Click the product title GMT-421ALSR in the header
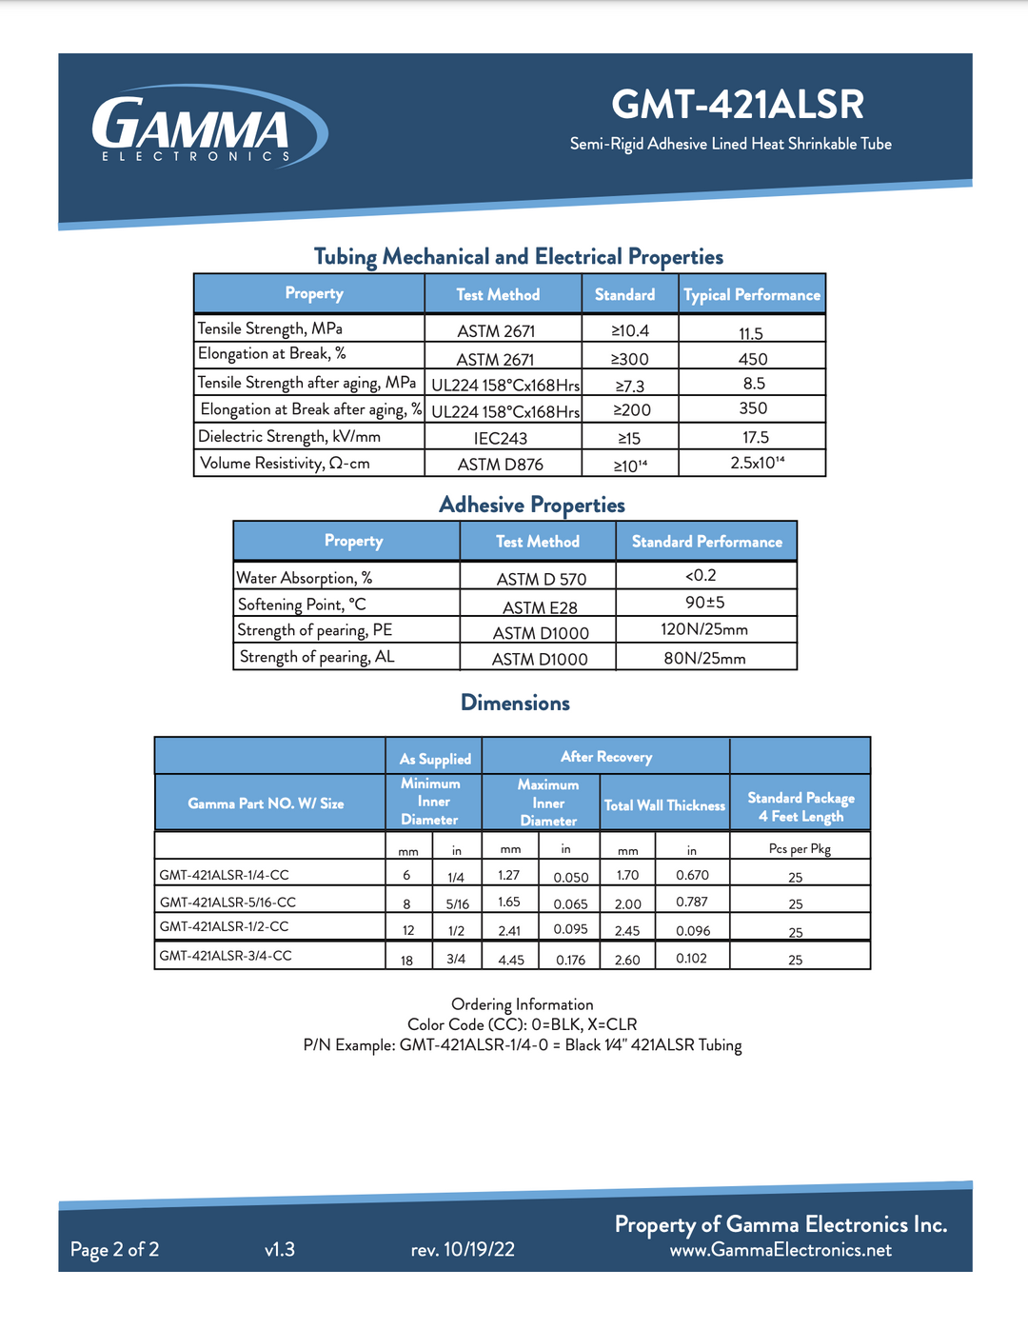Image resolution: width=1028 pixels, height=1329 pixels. [x=738, y=105]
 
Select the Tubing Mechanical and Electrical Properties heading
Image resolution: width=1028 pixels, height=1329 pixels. [x=519, y=256]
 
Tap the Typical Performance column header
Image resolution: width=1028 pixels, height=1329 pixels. [x=752, y=295]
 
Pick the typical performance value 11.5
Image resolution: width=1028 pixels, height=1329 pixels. [x=751, y=333]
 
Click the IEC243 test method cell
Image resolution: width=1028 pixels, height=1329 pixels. [x=501, y=438]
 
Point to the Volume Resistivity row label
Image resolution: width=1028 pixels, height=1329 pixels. [x=285, y=464]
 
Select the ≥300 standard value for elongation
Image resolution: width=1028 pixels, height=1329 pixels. [x=630, y=359]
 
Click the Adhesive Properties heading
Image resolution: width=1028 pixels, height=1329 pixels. [x=532, y=505]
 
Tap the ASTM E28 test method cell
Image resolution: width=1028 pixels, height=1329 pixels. [x=540, y=607]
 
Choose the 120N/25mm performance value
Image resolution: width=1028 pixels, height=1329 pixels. [x=704, y=629]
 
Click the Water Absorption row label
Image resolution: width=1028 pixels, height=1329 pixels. [x=305, y=578]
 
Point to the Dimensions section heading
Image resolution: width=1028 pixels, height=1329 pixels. [x=515, y=703]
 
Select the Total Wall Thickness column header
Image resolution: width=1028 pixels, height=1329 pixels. [x=664, y=805]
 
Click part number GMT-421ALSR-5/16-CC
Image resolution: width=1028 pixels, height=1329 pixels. [x=227, y=902]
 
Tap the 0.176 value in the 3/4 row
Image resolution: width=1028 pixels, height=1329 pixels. [x=571, y=960]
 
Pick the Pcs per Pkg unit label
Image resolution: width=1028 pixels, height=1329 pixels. [x=800, y=848]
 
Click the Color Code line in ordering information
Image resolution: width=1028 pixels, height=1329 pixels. [x=523, y=1024]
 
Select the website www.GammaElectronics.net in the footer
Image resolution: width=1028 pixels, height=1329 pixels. [x=781, y=1250]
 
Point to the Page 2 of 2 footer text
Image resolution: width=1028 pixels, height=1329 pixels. [x=114, y=1249]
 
